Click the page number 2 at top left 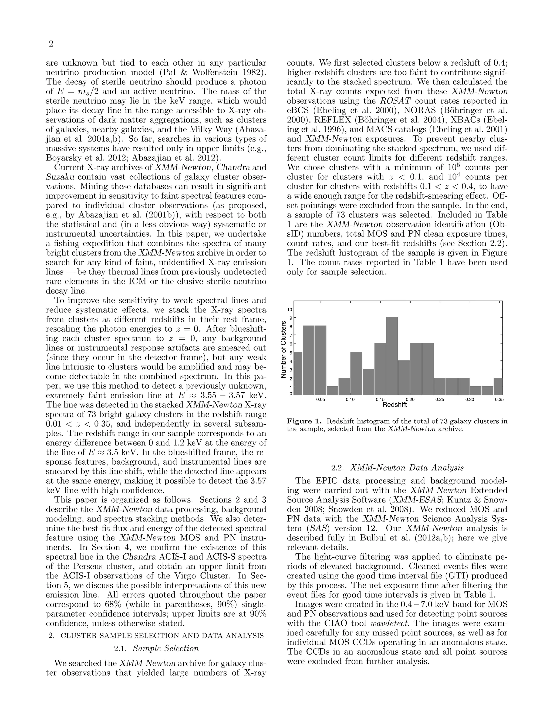point(51,44)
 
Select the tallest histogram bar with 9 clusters point(392,356)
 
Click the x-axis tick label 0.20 point(410,399)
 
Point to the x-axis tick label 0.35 point(499,399)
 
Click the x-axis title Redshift point(394,405)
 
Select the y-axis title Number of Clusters point(284,350)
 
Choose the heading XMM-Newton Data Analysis point(407,468)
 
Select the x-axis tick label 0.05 point(321,399)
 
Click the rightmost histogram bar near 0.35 point(498,386)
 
